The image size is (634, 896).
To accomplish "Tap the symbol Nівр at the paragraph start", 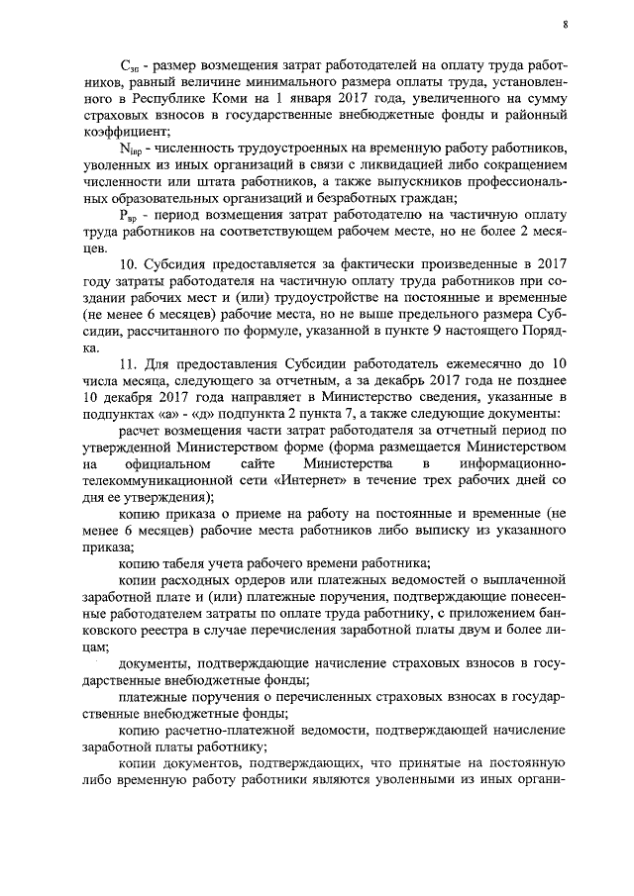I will (x=131, y=149).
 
